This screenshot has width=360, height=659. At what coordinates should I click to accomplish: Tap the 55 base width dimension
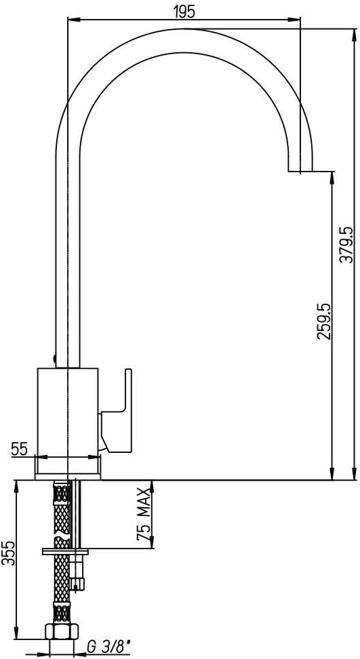(19, 448)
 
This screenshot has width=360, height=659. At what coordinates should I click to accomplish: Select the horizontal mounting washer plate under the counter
(65, 551)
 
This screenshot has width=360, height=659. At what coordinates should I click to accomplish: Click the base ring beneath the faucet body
(68, 466)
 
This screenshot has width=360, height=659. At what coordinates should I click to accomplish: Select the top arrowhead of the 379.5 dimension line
(353, 34)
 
